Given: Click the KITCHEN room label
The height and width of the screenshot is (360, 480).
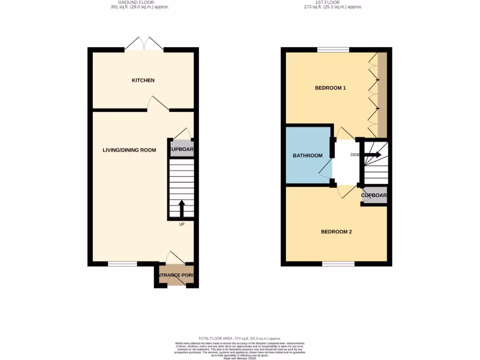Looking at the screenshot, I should [x=143, y=81].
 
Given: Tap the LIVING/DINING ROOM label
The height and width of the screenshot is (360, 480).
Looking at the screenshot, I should [x=129, y=150].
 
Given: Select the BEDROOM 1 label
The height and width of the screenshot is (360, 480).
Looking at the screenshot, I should [x=330, y=88].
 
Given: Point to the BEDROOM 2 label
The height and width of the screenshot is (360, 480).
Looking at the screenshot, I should [x=336, y=232].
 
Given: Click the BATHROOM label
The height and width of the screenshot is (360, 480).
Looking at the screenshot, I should [x=307, y=156].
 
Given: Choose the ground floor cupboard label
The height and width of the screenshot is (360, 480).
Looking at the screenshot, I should [x=182, y=150].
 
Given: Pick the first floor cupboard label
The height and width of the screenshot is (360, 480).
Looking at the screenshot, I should [x=374, y=195].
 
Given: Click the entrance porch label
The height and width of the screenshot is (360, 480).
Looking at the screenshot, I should [x=175, y=275].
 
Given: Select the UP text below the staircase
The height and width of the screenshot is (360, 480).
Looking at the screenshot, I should [x=181, y=225].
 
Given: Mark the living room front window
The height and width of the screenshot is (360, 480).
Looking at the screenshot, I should [x=122, y=264].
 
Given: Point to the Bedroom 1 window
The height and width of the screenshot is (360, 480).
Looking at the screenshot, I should [x=333, y=49].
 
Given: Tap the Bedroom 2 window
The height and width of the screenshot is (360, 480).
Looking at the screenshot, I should [x=338, y=264].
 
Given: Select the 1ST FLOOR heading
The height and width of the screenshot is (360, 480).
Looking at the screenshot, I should [x=333, y=2].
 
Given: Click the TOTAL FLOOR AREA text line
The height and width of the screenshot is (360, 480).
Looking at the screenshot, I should [x=240, y=338].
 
